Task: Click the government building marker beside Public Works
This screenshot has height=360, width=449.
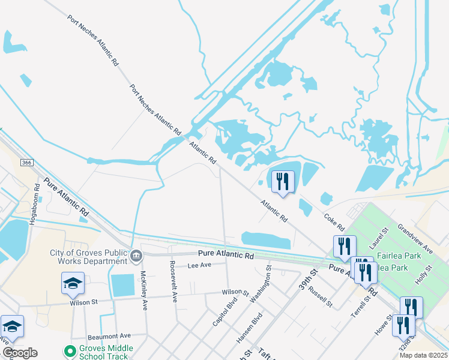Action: pyautogui.click(x=136, y=257)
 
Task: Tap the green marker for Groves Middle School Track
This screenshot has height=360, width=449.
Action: pyautogui.click(x=70, y=350)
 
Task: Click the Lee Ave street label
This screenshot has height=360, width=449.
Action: pyautogui.click(x=200, y=265)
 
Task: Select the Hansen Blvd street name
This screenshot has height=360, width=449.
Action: pyautogui.click(x=249, y=327)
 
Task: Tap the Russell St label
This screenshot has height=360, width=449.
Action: pyautogui.click(x=320, y=296)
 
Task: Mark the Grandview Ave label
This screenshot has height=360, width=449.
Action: pyautogui.click(x=420, y=239)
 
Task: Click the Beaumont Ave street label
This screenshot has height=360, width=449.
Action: pyautogui.click(x=109, y=336)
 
